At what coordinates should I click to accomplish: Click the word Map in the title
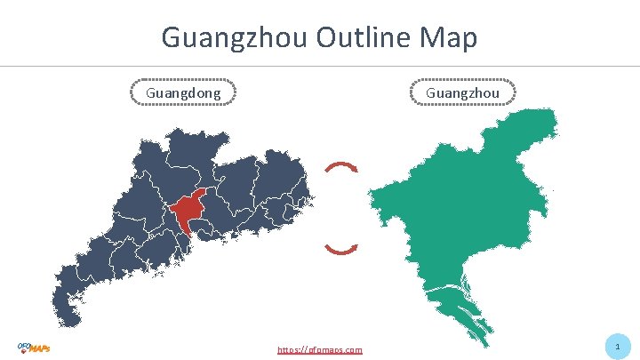[450, 37]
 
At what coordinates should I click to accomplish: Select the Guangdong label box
[183, 92]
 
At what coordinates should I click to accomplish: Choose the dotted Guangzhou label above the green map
[462, 92]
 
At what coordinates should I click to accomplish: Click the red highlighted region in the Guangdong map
[188, 211]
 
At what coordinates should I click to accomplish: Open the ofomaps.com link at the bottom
[320, 349]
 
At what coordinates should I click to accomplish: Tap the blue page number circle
[617, 346]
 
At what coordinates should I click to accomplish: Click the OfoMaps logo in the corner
[34, 347]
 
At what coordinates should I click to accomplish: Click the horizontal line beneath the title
[320, 66]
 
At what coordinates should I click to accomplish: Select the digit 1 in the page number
[617, 346]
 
